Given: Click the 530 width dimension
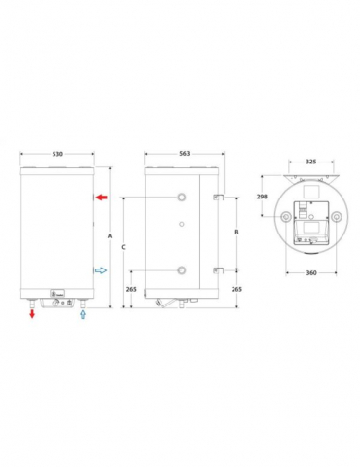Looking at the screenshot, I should tap(58, 153).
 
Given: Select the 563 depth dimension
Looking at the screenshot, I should tap(183, 153).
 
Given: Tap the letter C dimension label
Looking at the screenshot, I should tap(123, 248).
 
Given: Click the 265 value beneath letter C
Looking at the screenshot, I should tap(132, 288).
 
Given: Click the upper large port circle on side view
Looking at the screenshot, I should tap(180, 198).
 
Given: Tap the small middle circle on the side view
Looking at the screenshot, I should tap(180, 226).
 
